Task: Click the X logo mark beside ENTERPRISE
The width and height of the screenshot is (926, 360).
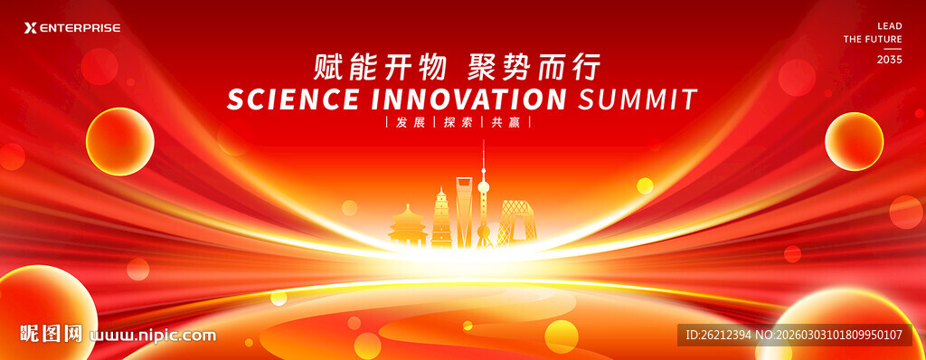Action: (x=31, y=28)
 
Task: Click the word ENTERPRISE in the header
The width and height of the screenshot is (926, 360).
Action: (x=80, y=28)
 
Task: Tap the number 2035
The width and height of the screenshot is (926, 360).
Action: (x=890, y=60)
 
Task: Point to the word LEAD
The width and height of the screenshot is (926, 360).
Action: (x=890, y=26)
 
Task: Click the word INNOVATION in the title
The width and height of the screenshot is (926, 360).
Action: (x=468, y=99)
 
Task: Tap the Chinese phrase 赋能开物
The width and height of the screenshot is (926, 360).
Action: (x=380, y=67)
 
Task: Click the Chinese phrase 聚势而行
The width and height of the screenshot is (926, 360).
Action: (x=534, y=67)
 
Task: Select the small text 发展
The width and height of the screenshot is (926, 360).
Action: (x=410, y=123)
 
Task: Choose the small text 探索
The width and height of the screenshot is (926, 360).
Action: (x=458, y=123)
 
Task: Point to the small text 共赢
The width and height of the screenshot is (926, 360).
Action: (x=506, y=123)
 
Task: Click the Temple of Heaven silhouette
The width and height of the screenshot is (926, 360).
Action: (x=408, y=225)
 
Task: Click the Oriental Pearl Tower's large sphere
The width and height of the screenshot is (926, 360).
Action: (x=483, y=188)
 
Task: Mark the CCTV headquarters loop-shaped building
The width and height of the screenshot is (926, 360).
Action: (x=516, y=222)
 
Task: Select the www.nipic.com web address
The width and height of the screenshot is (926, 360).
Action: (x=153, y=336)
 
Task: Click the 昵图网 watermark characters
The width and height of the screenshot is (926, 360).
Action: (x=51, y=334)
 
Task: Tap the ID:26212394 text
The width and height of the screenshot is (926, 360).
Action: (x=718, y=336)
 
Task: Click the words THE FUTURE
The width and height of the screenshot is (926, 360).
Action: (x=873, y=40)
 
